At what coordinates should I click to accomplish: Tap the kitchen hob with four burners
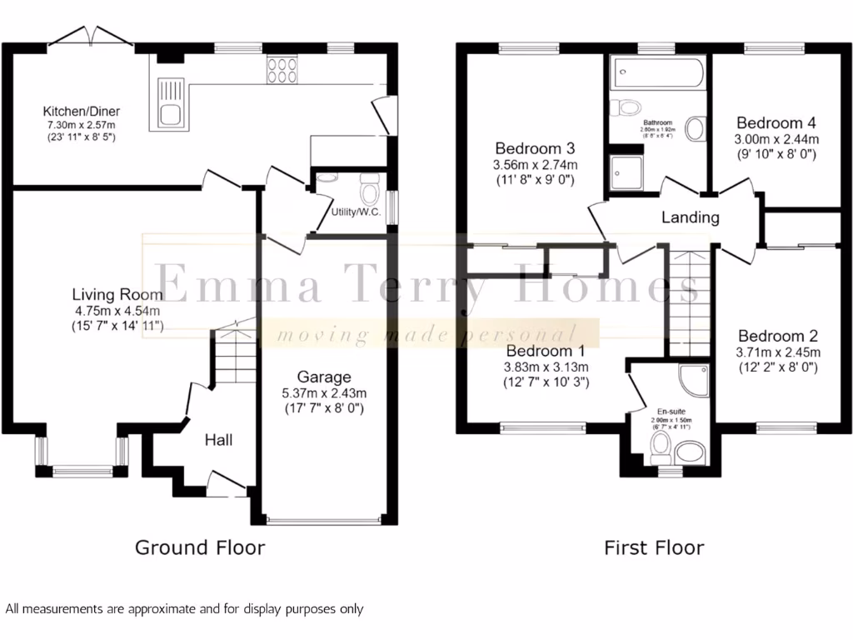point(282,70)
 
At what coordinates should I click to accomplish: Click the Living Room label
point(117,294)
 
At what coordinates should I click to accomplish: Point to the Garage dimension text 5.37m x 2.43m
point(325,392)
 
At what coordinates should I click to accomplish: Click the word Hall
point(218,439)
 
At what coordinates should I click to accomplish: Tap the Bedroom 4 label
point(771,123)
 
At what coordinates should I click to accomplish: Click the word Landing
point(690,217)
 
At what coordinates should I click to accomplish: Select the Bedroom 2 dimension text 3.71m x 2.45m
point(778,352)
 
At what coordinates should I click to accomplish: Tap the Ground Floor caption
point(200,547)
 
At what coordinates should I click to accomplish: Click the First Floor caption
point(654,547)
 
